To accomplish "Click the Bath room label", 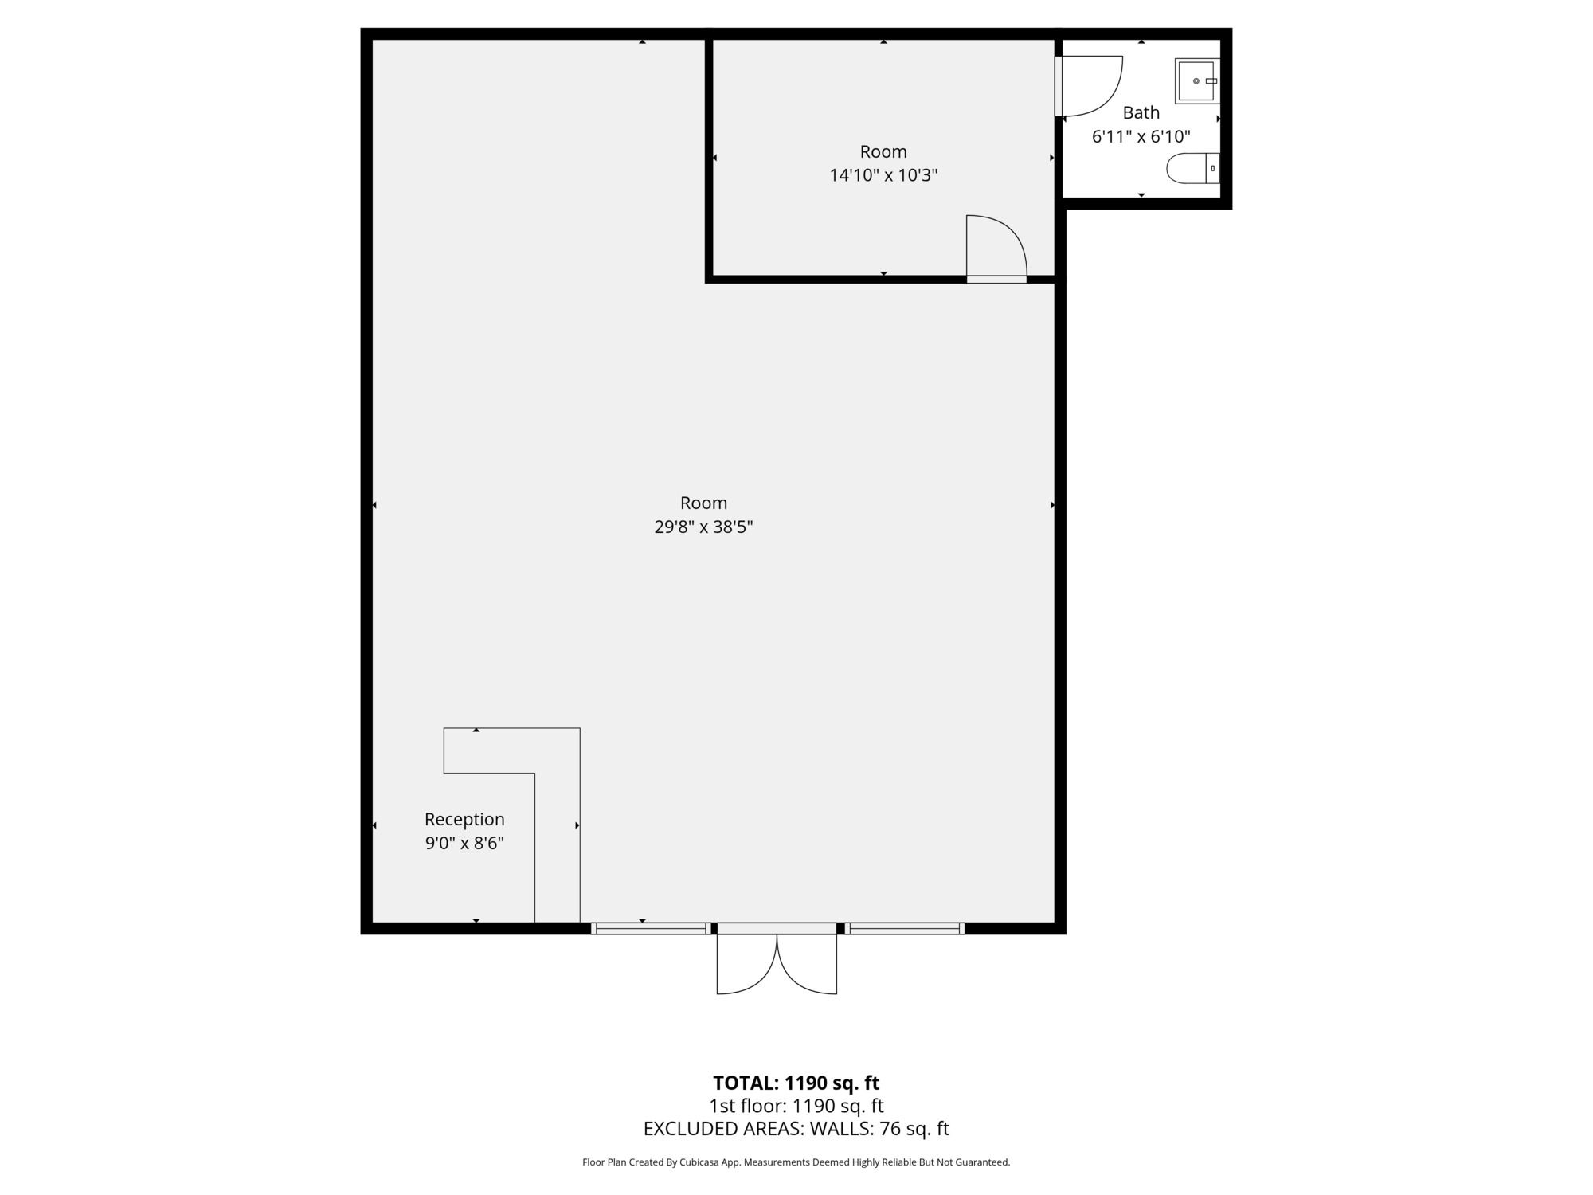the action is (1141, 112).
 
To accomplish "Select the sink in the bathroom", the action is (1196, 80).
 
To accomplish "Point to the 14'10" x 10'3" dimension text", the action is (883, 175).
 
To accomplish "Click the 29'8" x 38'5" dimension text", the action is (703, 527).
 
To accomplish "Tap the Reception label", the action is (464, 820).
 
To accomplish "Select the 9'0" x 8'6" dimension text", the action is (464, 844).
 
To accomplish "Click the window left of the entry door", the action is (651, 928).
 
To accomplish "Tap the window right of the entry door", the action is (904, 928).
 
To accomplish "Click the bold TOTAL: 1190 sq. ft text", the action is (796, 1083).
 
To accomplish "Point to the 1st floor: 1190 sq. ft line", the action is (796, 1106).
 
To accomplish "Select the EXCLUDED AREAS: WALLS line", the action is (796, 1129).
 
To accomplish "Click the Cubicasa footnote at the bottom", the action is (796, 1162).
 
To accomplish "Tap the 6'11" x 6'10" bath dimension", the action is (1141, 136).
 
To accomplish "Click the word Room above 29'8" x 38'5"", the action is (703, 503).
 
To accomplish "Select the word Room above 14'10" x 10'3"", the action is (883, 151).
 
